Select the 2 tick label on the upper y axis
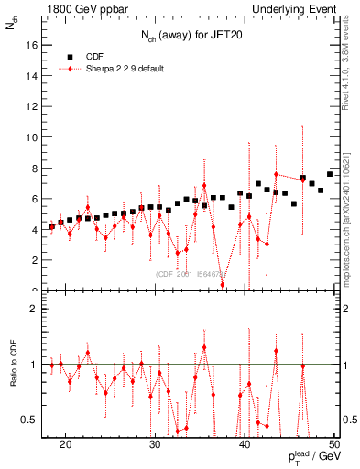(x=34, y=260)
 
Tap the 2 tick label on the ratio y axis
(x=34, y=309)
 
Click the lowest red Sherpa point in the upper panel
(x=223, y=284)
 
